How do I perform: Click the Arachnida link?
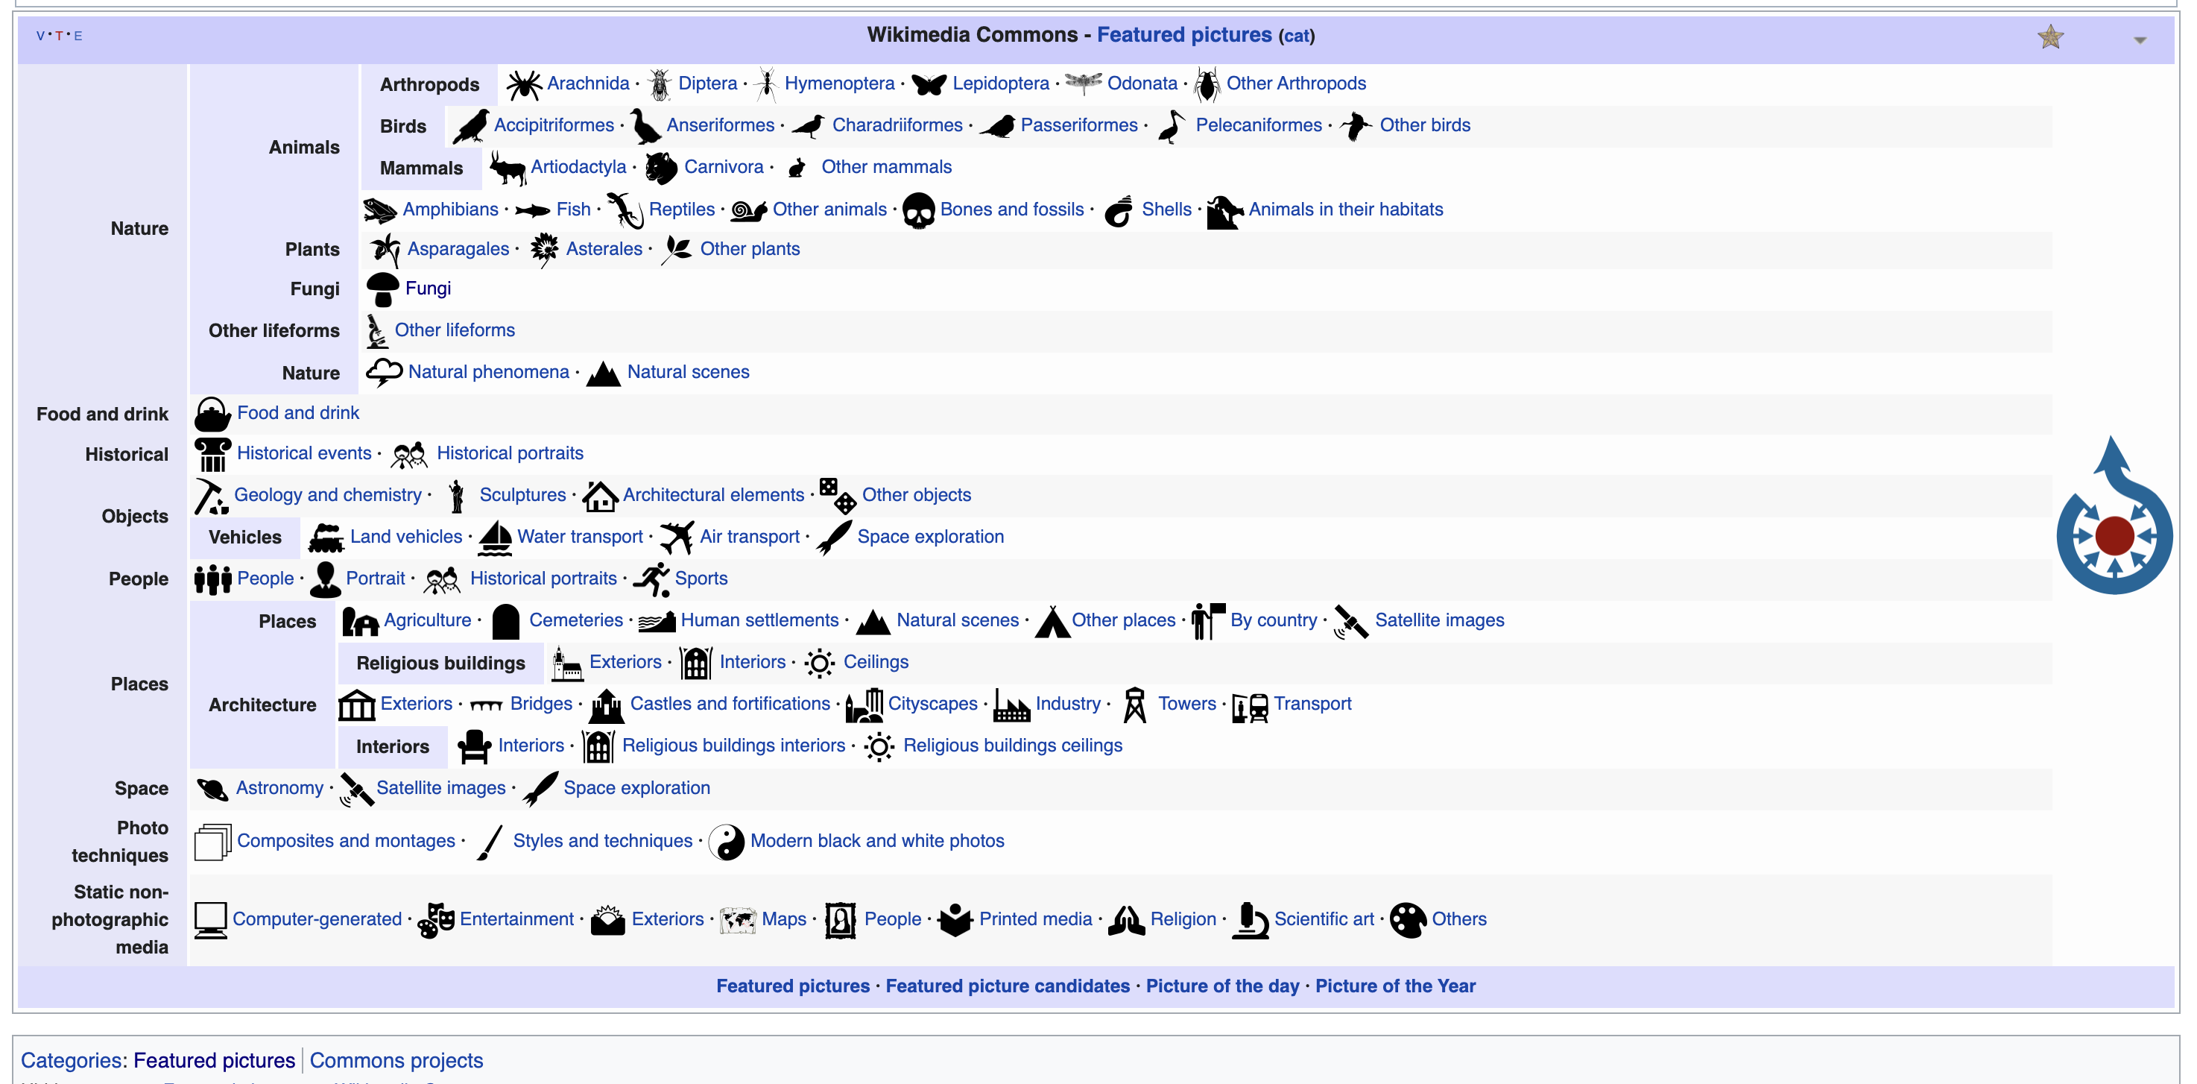pyautogui.click(x=587, y=83)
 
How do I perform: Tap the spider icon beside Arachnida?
pyautogui.click(x=524, y=84)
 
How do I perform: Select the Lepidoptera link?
pyautogui.click(x=999, y=83)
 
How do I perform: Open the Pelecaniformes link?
pyautogui.click(x=1258, y=125)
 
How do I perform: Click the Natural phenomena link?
pyautogui.click(x=488, y=372)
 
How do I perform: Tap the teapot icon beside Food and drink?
pyautogui.click(x=212, y=415)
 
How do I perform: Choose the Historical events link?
pyautogui.click(x=303, y=454)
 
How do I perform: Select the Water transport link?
pyautogui.click(x=579, y=538)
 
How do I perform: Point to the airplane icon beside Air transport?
pyautogui.click(x=677, y=538)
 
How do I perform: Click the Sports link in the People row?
pyautogui.click(x=701, y=579)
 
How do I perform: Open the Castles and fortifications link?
pyautogui.click(x=729, y=705)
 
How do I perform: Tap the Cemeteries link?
pyautogui.click(x=575, y=621)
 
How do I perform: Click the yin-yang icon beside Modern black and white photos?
pyautogui.click(x=727, y=842)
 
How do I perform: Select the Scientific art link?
pyautogui.click(x=1323, y=919)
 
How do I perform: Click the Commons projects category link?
pyautogui.click(x=396, y=1061)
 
